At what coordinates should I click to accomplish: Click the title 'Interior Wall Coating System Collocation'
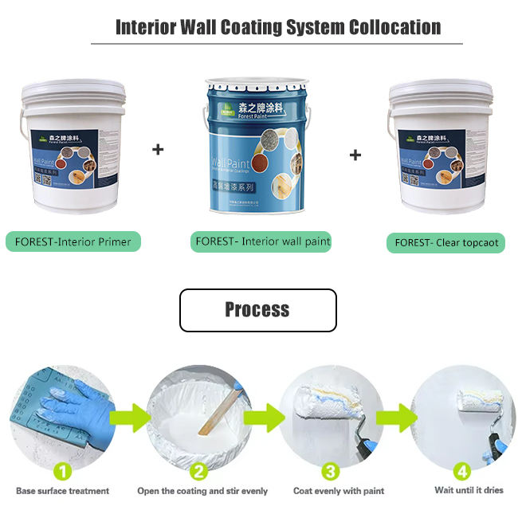click(278, 27)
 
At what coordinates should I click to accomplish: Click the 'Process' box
click(257, 310)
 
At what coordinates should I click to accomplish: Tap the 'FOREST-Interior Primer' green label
click(73, 241)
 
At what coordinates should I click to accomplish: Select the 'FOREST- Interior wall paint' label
click(262, 241)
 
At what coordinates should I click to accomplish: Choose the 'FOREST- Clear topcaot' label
click(445, 242)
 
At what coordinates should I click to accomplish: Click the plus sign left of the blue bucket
click(158, 149)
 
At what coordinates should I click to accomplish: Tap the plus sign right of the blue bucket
click(355, 155)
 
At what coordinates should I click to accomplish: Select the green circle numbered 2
click(200, 470)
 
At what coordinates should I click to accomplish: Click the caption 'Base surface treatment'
click(62, 491)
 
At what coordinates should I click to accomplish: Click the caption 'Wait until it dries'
click(469, 490)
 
